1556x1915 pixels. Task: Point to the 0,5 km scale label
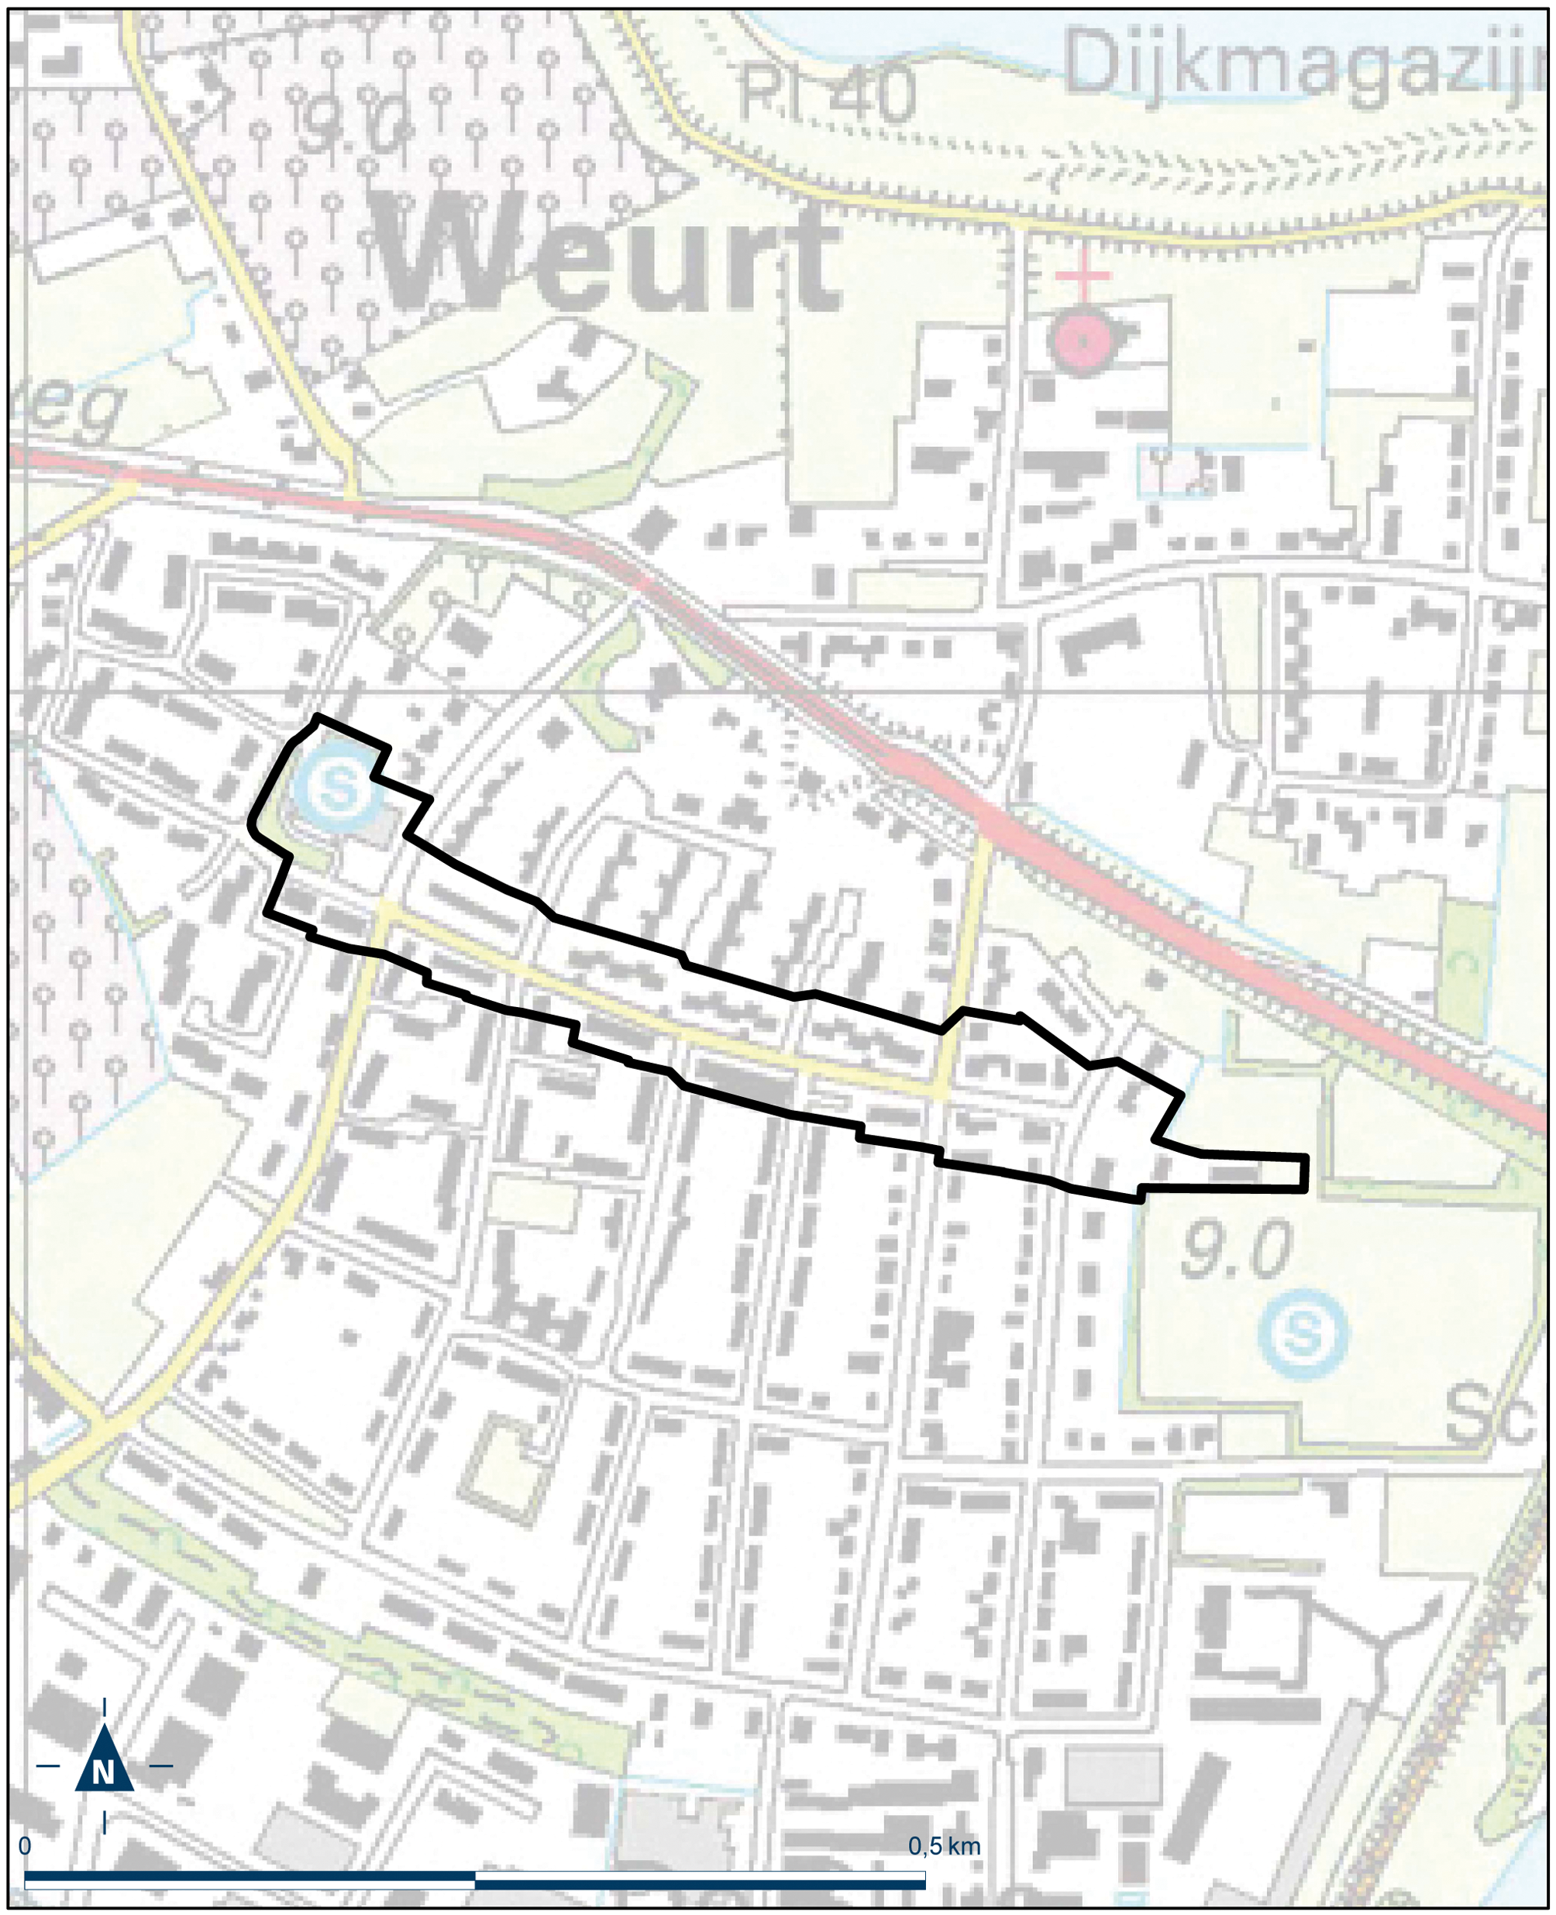(x=943, y=1839)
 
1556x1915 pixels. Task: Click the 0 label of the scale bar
(x=25, y=1839)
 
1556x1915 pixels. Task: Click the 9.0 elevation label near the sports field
(x=1235, y=1251)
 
